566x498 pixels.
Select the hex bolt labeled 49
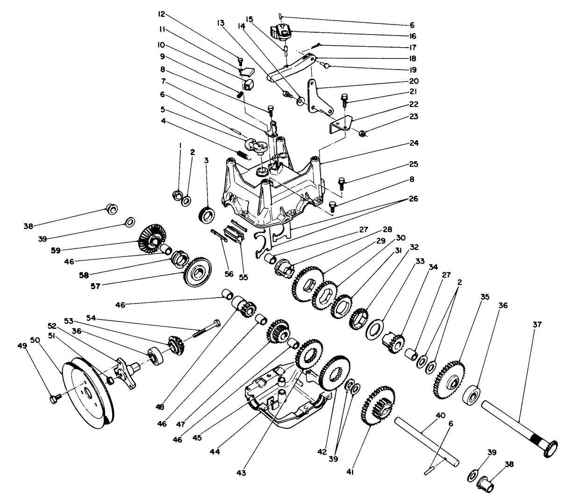click(54, 398)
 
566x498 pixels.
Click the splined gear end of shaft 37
click(552, 448)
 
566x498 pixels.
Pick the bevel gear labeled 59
click(149, 239)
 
